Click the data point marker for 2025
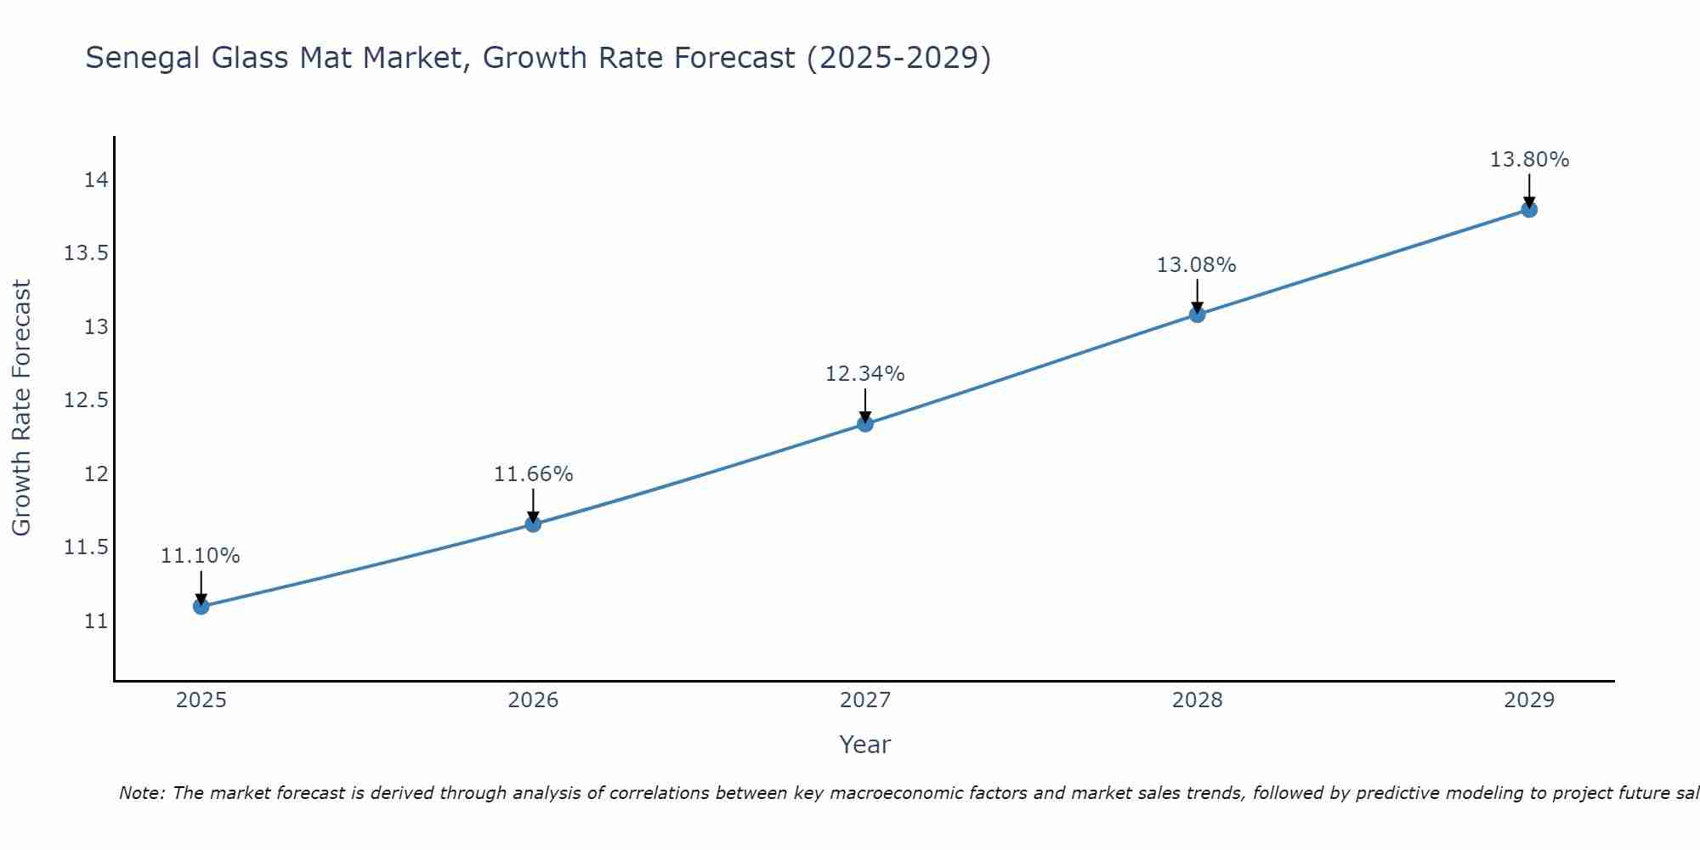point(201,606)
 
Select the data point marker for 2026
point(533,524)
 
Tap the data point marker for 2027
point(865,423)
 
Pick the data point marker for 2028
point(1197,314)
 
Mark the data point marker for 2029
point(1529,209)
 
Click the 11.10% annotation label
point(201,556)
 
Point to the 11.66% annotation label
point(533,474)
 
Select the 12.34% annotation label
point(865,374)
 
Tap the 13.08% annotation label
point(1197,265)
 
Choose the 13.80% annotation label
point(1529,160)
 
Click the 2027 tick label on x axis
point(865,700)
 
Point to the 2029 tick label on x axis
point(1529,700)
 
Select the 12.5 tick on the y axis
point(86,400)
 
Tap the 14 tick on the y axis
point(96,180)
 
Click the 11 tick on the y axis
point(96,620)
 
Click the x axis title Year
point(865,745)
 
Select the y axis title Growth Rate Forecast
point(21,408)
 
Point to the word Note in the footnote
point(141,793)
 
